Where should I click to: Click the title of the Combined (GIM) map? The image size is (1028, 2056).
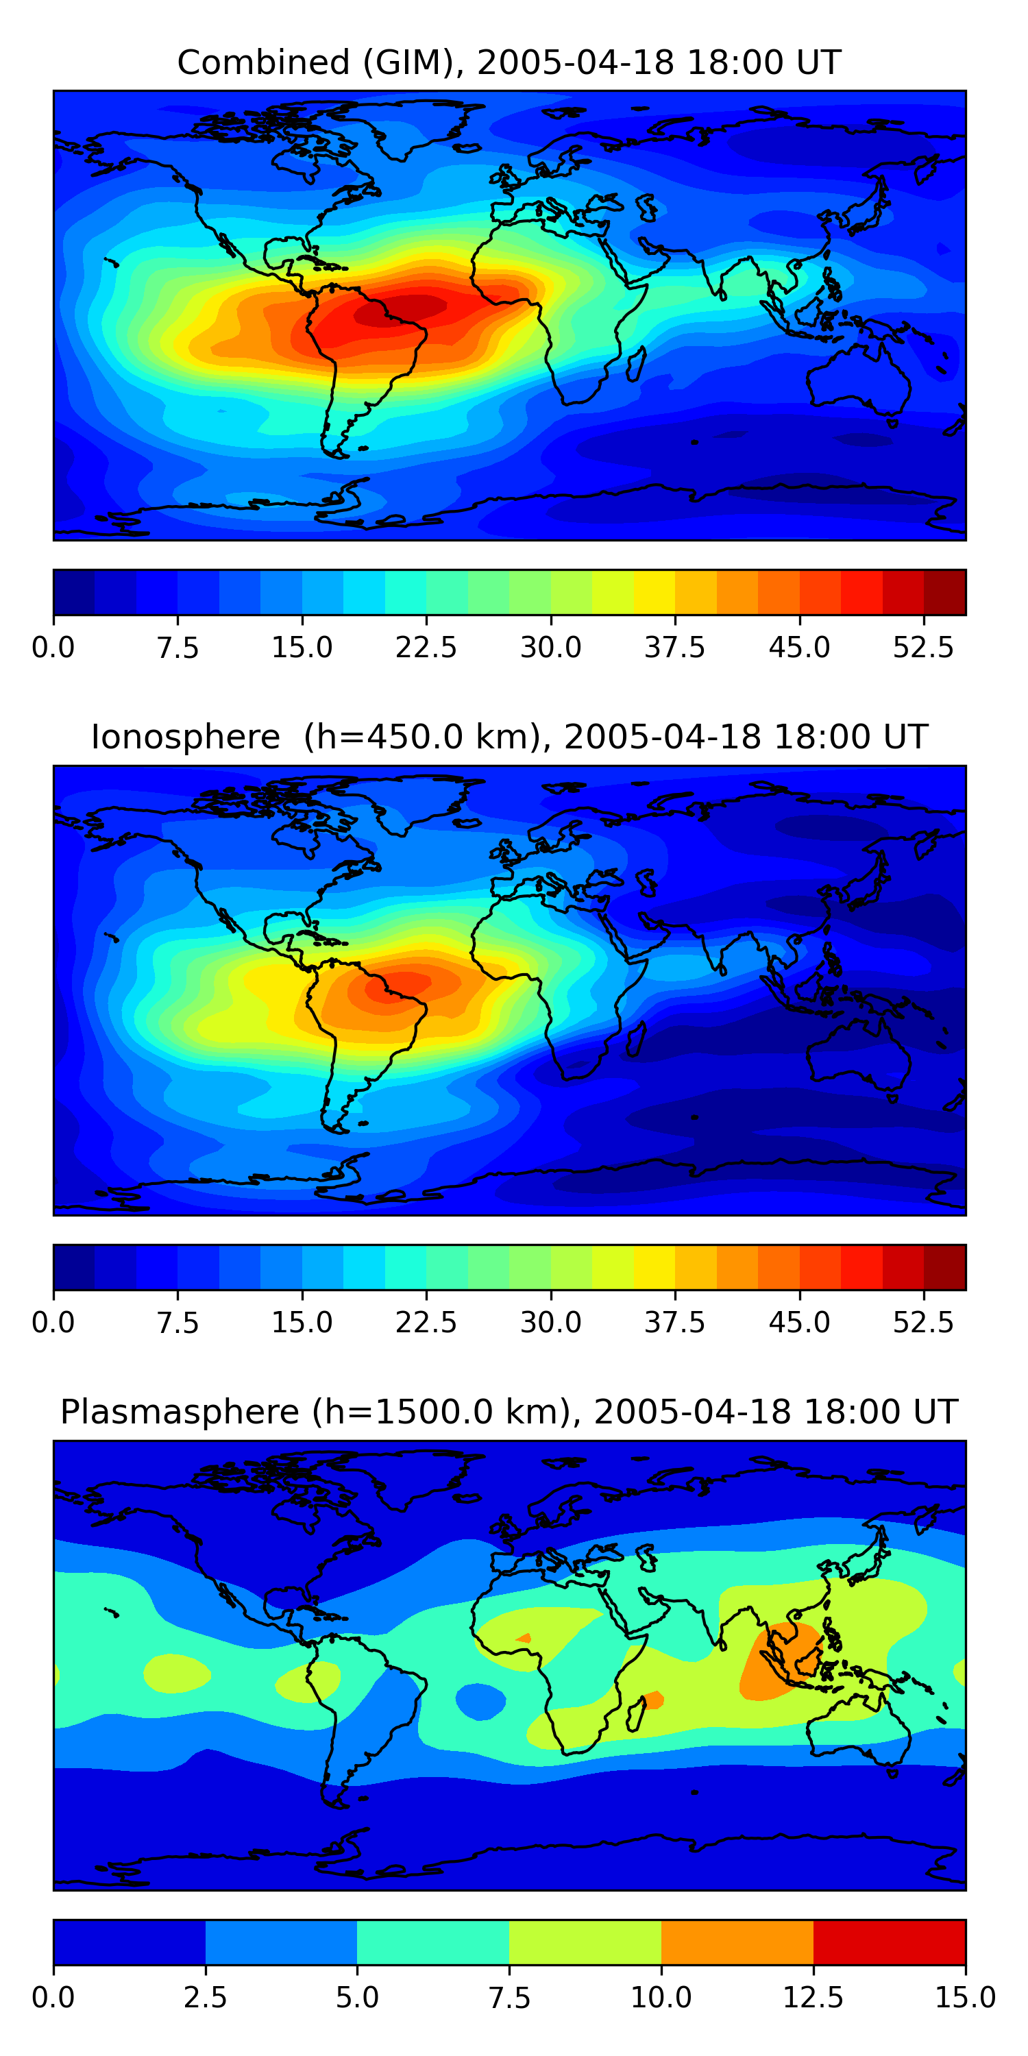(509, 62)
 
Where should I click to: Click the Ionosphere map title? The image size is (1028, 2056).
(509, 737)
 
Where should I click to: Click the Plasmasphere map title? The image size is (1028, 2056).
(509, 1411)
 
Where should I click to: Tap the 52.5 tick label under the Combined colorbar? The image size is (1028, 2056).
(923, 647)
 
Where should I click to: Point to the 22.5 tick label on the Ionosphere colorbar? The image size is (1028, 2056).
(426, 1322)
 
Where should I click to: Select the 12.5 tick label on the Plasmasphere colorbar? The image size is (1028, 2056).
(813, 1997)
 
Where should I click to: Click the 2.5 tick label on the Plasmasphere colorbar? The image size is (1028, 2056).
(205, 1997)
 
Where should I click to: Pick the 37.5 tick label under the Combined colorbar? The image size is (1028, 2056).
(674, 647)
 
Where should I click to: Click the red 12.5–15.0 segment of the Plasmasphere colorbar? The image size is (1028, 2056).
(889, 1942)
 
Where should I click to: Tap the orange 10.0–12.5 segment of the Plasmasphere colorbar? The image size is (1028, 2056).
(737, 1942)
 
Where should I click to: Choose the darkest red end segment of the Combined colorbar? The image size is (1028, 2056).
(945, 592)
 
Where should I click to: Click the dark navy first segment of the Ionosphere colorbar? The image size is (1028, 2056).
(73, 1266)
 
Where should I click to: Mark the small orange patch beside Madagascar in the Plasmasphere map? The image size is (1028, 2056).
(653, 1699)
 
